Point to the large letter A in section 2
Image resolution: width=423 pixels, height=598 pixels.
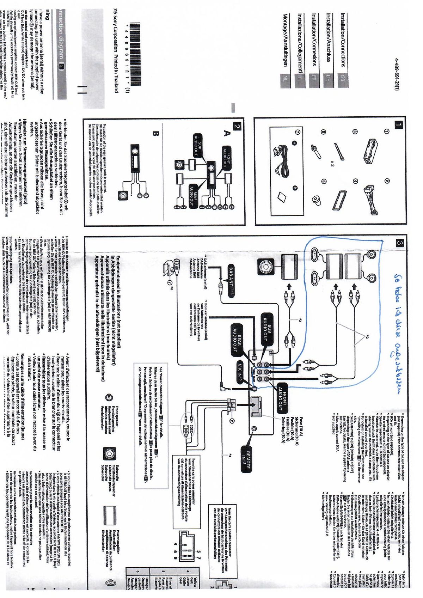(x=227, y=133)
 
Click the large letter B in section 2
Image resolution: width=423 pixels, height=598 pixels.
(x=156, y=133)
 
